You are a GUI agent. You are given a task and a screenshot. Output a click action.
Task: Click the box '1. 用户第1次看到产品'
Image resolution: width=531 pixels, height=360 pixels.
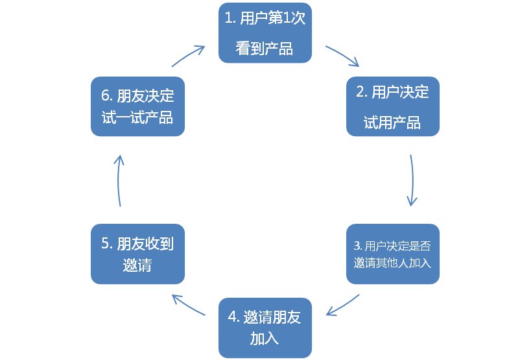coord(265,33)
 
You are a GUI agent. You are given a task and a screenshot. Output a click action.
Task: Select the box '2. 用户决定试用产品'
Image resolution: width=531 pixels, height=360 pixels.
coord(392,106)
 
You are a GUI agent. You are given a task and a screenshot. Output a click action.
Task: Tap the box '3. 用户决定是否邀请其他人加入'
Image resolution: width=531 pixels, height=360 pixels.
coord(392,254)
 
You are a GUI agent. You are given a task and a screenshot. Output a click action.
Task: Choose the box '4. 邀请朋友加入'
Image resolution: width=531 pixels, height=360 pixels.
coord(265,328)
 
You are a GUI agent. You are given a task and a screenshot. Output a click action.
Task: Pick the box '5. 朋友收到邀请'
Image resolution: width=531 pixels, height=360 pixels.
coord(137,254)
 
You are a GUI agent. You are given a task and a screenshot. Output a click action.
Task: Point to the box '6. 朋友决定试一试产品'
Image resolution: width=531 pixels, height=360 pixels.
coord(137,106)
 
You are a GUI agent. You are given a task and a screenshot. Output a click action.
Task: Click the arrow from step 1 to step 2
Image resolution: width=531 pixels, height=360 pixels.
coord(342,56)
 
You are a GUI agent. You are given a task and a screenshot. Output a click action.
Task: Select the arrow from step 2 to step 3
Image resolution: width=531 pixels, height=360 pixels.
coord(412,180)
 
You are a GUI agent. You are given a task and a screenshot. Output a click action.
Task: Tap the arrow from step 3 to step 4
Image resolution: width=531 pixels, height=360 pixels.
coord(342,306)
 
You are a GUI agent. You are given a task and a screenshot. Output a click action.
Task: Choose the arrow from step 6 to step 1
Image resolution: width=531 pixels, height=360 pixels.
coord(189,55)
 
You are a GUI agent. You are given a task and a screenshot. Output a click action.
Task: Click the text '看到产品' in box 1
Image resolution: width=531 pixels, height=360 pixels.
coord(265,49)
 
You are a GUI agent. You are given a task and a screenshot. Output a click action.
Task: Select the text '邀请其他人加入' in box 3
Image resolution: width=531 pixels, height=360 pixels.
coord(392,263)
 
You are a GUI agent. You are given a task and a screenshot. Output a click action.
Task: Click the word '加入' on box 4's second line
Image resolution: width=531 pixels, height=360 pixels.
coord(265,338)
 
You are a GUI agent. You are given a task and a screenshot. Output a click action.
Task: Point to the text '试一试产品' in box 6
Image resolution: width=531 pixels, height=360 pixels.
coord(137,117)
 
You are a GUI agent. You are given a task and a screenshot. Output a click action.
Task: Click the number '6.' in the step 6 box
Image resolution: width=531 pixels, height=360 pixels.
coord(108,96)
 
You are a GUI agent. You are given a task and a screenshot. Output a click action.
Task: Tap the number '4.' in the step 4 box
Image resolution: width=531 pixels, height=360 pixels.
coord(234,317)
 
